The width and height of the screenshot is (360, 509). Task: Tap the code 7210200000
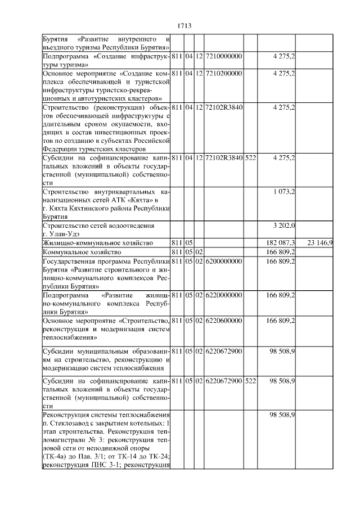[223, 74]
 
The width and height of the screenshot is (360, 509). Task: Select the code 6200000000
[223, 261]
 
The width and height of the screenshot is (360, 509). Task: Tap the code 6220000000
[223, 295]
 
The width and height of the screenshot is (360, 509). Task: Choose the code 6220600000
[223, 320]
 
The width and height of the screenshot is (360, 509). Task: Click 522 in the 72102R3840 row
[250, 158]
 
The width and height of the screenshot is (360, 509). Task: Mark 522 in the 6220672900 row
[250, 381]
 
